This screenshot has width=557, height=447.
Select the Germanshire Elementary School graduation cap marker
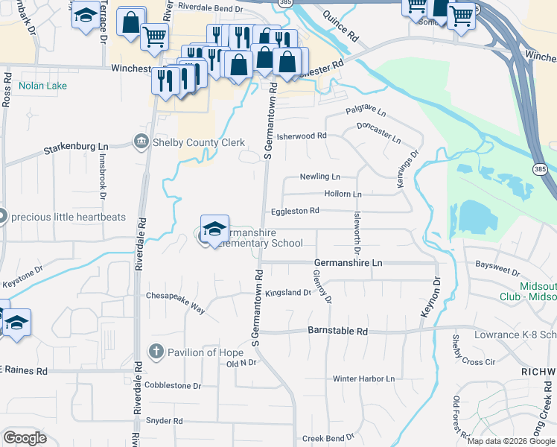click(214, 229)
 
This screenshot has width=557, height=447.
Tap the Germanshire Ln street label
click(348, 263)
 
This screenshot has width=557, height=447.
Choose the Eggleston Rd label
click(295, 211)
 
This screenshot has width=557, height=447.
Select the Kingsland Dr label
click(288, 293)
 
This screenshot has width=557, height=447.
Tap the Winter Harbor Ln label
click(363, 378)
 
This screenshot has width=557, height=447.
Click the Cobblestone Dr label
click(174, 386)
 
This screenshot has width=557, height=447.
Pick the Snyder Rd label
click(163, 421)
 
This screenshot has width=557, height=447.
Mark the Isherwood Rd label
click(302, 136)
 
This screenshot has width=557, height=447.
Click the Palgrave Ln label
click(366, 112)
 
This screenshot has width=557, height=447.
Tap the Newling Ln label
click(319, 177)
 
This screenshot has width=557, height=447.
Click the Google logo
click(25, 438)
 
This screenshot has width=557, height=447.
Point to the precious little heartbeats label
click(69, 218)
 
